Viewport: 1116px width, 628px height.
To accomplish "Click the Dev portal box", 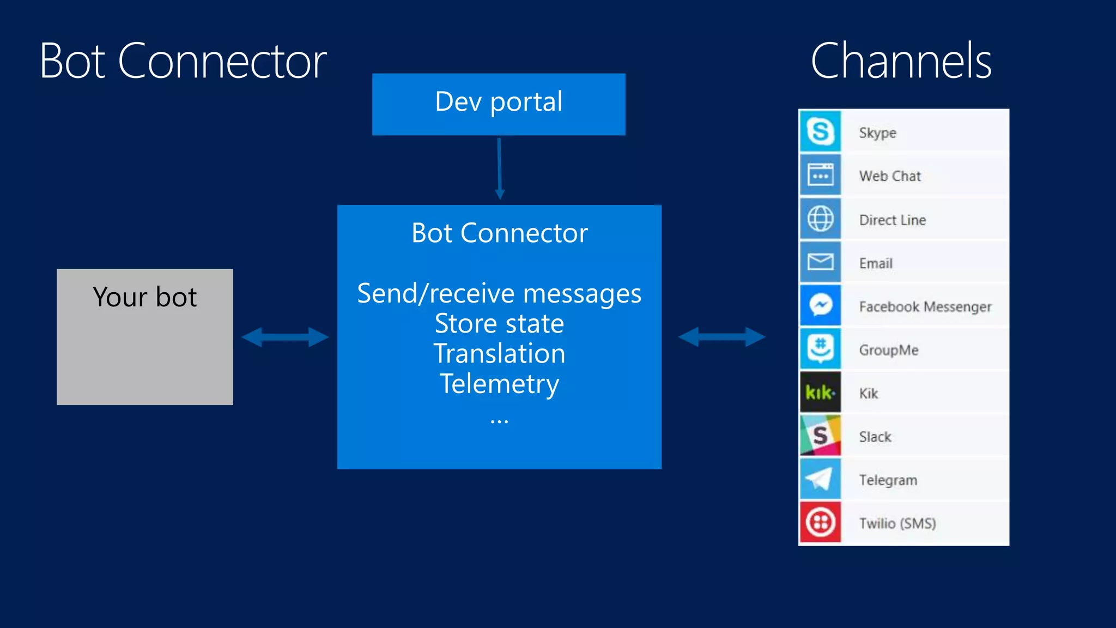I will (499, 104).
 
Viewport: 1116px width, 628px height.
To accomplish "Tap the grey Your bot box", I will (144, 337).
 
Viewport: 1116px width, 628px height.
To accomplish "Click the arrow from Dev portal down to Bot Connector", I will (499, 169).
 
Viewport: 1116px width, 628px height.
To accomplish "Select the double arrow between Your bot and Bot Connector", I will (285, 337).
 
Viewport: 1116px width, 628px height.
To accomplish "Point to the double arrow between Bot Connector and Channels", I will (721, 337).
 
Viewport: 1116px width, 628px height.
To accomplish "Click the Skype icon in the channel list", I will (820, 131).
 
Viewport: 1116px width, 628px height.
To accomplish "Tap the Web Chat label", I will (890, 176).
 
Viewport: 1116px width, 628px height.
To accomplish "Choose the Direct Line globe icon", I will (820, 219).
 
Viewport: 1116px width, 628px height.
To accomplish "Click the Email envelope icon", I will (820, 262).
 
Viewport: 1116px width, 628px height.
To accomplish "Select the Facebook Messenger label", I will (925, 306).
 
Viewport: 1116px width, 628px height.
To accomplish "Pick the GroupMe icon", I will (820, 349).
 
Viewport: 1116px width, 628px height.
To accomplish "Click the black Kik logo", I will (820, 392).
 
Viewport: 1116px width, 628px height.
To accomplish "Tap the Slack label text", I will (875, 437).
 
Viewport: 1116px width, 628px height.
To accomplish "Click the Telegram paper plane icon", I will (820, 479).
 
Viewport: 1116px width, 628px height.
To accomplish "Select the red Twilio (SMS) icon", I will (820, 522).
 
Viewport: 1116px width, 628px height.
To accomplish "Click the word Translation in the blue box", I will (499, 353).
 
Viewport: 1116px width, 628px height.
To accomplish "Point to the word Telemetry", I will (499, 384).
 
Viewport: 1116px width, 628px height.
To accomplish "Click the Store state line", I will (499, 323).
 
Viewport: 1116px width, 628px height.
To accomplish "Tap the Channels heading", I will (901, 61).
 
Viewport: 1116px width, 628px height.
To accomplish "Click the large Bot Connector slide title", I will (183, 61).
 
